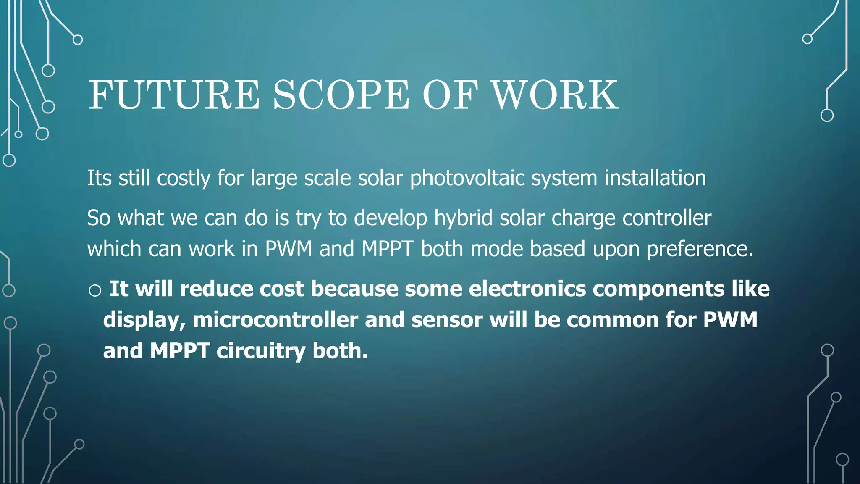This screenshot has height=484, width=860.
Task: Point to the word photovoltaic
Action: click(467, 179)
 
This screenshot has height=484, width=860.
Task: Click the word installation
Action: click(655, 178)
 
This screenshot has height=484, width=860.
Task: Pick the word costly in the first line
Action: click(184, 179)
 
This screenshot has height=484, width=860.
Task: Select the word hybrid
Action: click(463, 218)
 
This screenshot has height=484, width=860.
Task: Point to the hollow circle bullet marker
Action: click(95, 290)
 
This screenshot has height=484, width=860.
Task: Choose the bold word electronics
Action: click(527, 289)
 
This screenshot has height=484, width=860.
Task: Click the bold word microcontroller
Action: click(275, 320)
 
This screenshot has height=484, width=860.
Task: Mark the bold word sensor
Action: click(447, 320)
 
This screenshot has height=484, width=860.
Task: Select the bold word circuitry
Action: click(261, 351)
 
